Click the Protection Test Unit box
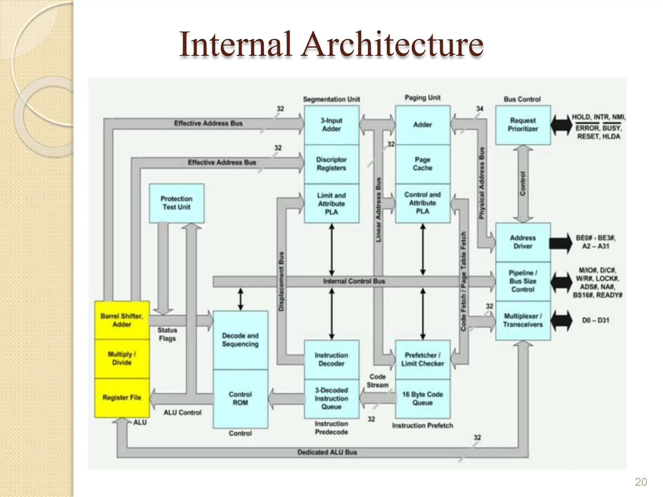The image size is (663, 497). point(176,203)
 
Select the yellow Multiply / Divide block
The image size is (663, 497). point(122,359)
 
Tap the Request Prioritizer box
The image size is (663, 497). point(523,125)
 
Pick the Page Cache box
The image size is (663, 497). point(422,164)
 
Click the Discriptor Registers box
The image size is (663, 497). point(331,164)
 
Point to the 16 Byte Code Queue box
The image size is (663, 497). point(422,399)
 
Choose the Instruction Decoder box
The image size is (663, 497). point(331,359)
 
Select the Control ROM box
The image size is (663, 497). point(240,399)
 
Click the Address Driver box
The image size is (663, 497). point(523,242)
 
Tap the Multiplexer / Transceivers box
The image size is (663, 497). point(523,320)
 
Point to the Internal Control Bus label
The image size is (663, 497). point(354,281)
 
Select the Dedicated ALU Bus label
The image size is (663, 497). point(327,452)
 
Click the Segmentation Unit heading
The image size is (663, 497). point(331,99)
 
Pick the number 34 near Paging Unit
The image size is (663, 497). point(479,109)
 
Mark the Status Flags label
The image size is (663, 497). point(167,334)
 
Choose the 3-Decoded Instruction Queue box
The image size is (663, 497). point(331,399)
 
